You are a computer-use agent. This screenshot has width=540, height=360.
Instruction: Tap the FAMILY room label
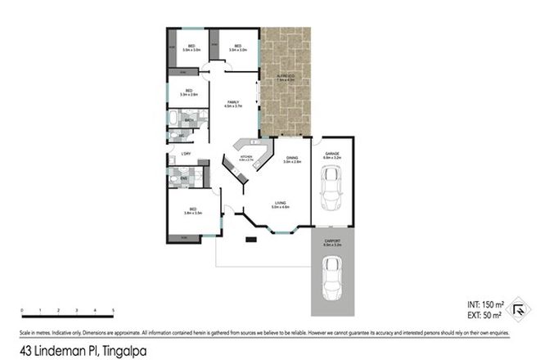point(232,101)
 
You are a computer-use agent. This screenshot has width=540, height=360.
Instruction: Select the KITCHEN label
point(245,156)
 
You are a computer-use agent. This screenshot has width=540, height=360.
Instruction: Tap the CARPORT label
point(331,240)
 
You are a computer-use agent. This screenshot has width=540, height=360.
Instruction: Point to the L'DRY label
point(186,154)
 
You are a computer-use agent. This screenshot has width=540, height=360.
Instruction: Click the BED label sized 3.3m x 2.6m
point(188,91)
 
